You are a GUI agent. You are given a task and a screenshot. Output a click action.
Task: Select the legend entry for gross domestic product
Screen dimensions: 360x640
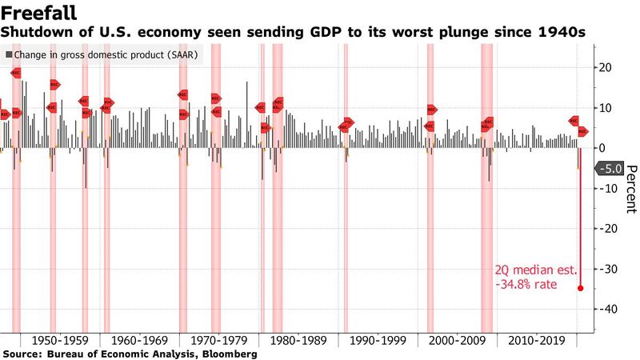pos(103,55)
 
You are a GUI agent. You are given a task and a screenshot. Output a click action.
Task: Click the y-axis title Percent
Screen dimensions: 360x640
pos(630,189)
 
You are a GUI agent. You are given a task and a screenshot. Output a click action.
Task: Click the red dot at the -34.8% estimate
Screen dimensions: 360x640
pos(580,288)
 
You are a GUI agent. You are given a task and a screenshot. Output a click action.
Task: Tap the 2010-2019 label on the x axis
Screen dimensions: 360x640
pos(535,340)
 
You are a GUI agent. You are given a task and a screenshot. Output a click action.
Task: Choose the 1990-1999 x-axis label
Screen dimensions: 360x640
pos(376,340)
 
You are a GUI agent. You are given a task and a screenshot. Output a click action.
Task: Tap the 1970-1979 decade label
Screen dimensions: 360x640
pos(218,340)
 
